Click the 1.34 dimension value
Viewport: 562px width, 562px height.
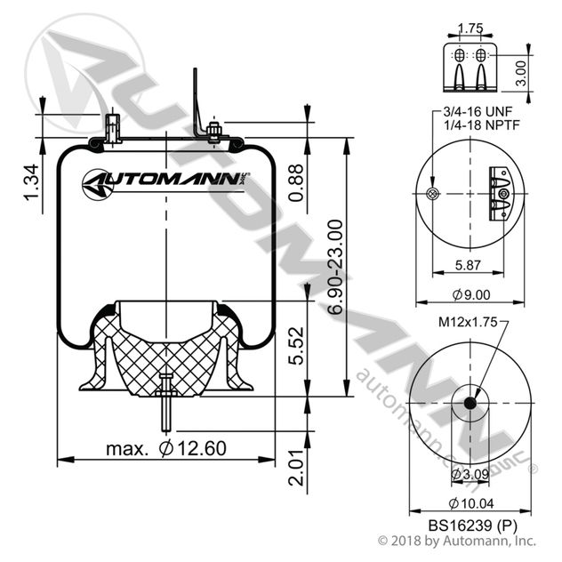point(31,182)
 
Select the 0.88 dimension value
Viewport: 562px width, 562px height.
point(296,183)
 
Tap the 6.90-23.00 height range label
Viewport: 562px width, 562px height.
point(336,267)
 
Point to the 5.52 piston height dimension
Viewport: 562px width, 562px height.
point(296,346)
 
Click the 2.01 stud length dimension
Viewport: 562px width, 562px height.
point(296,468)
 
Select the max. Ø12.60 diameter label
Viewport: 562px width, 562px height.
point(166,448)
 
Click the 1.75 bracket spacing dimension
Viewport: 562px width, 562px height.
point(470,28)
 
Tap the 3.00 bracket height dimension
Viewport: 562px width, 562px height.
point(522,73)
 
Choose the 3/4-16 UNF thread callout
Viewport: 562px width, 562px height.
point(478,112)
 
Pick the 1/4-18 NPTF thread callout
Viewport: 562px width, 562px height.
point(482,125)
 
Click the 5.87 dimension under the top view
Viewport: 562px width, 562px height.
point(468,265)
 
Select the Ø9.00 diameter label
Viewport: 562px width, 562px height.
point(471,295)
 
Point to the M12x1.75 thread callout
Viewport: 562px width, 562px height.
point(468,322)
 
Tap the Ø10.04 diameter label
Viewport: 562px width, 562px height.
point(471,503)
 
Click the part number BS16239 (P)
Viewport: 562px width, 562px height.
point(473,526)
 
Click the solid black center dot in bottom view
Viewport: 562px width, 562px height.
point(470,403)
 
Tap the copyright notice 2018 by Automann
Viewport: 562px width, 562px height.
point(457,540)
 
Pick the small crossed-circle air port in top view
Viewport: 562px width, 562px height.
point(432,194)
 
